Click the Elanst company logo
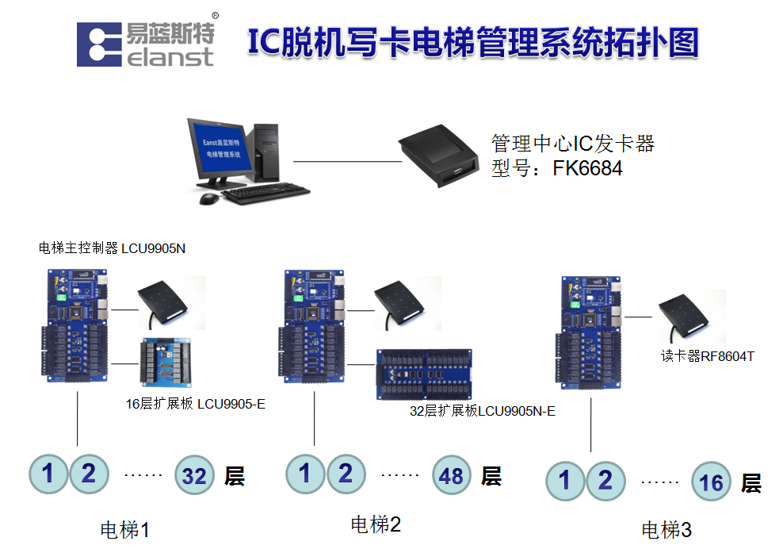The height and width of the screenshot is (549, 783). point(146,44)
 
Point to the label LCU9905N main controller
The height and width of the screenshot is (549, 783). point(112,248)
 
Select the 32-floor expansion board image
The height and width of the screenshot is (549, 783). point(426,375)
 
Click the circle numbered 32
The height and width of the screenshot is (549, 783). point(194,475)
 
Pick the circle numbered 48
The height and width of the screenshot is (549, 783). point(452,475)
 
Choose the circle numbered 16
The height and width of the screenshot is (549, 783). point(711,482)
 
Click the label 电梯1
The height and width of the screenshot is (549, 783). point(124,529)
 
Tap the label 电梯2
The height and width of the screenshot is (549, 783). point(376,524)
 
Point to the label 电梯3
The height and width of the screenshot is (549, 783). point(666,529)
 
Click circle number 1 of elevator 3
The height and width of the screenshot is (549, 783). point(565,481)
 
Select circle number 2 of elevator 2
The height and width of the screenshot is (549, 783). point(346,474)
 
